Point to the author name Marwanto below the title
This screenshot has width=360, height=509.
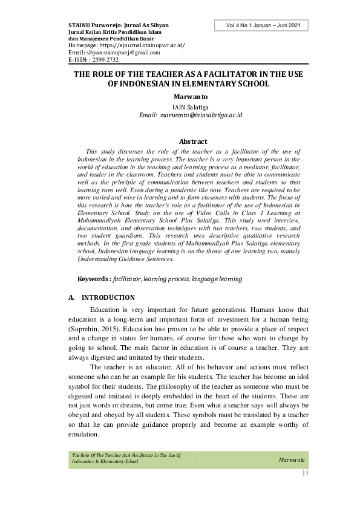[190, 96]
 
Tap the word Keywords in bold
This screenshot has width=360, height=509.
[93, 279]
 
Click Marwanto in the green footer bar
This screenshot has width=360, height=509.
[291, 461]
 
